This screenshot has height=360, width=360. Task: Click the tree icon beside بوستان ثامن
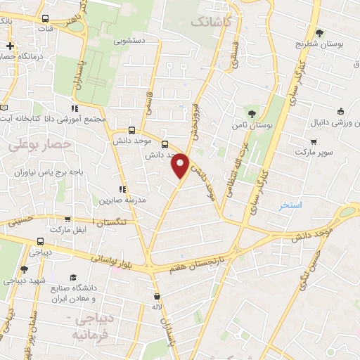(252, 114)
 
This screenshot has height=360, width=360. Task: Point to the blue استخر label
(290, 205)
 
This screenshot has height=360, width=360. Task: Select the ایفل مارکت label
(66, 229)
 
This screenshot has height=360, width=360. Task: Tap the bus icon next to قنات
(46, 19)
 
